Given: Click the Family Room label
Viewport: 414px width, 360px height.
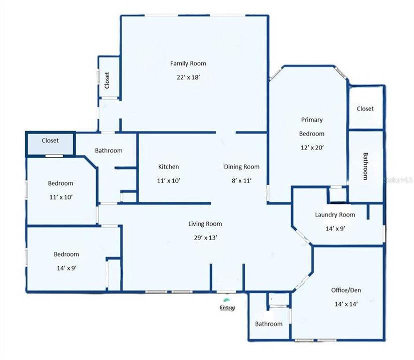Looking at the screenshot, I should pyautogui.click(x=188, y=63).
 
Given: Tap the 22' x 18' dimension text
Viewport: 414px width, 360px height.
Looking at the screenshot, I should pyautogui.click(x=188, y=77).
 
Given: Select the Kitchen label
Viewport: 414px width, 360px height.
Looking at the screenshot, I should pyautogui.click(x=168, y=167).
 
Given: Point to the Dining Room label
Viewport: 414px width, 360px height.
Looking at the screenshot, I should pyautogui.click(x=242, y=167).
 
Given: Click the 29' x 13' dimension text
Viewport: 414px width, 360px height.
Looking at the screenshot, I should pyautogui.click(x=205, y=237).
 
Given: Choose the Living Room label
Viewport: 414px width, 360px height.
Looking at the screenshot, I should pyautogui.click(x=205, y=224).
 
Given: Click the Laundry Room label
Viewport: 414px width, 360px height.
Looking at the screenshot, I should pyautogui.click(x=335, y=215).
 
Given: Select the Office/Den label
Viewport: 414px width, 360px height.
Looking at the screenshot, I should pyautogui.click(x=346, y=290).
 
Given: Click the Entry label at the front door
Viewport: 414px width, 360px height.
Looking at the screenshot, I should pyautogui.click(x=227, y=308).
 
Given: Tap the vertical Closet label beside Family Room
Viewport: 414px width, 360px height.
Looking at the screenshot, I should pyautogui.click(x=107, y=80).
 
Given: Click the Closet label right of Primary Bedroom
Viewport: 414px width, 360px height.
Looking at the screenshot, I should pyautogui.click(x=365, y=108).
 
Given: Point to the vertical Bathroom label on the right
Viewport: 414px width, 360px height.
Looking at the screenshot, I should pyautogui.click(x=365, y=166).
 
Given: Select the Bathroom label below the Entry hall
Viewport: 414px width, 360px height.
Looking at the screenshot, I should pyautogui.click(x=269, y=323).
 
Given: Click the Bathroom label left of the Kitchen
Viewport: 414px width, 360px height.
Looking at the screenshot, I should pyautogui.click(x=109, y=150).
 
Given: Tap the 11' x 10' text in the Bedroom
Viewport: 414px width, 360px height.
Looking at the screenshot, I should pyautogui.click(x=61, y=197).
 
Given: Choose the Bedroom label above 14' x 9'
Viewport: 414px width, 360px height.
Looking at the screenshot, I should pyautogui.click(x=66, y=254).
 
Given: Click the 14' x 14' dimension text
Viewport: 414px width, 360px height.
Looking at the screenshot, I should pyautogui.click(x=346, y=303).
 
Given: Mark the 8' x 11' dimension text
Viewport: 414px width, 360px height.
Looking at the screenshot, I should pyautogui.click(x=242, y=180).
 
